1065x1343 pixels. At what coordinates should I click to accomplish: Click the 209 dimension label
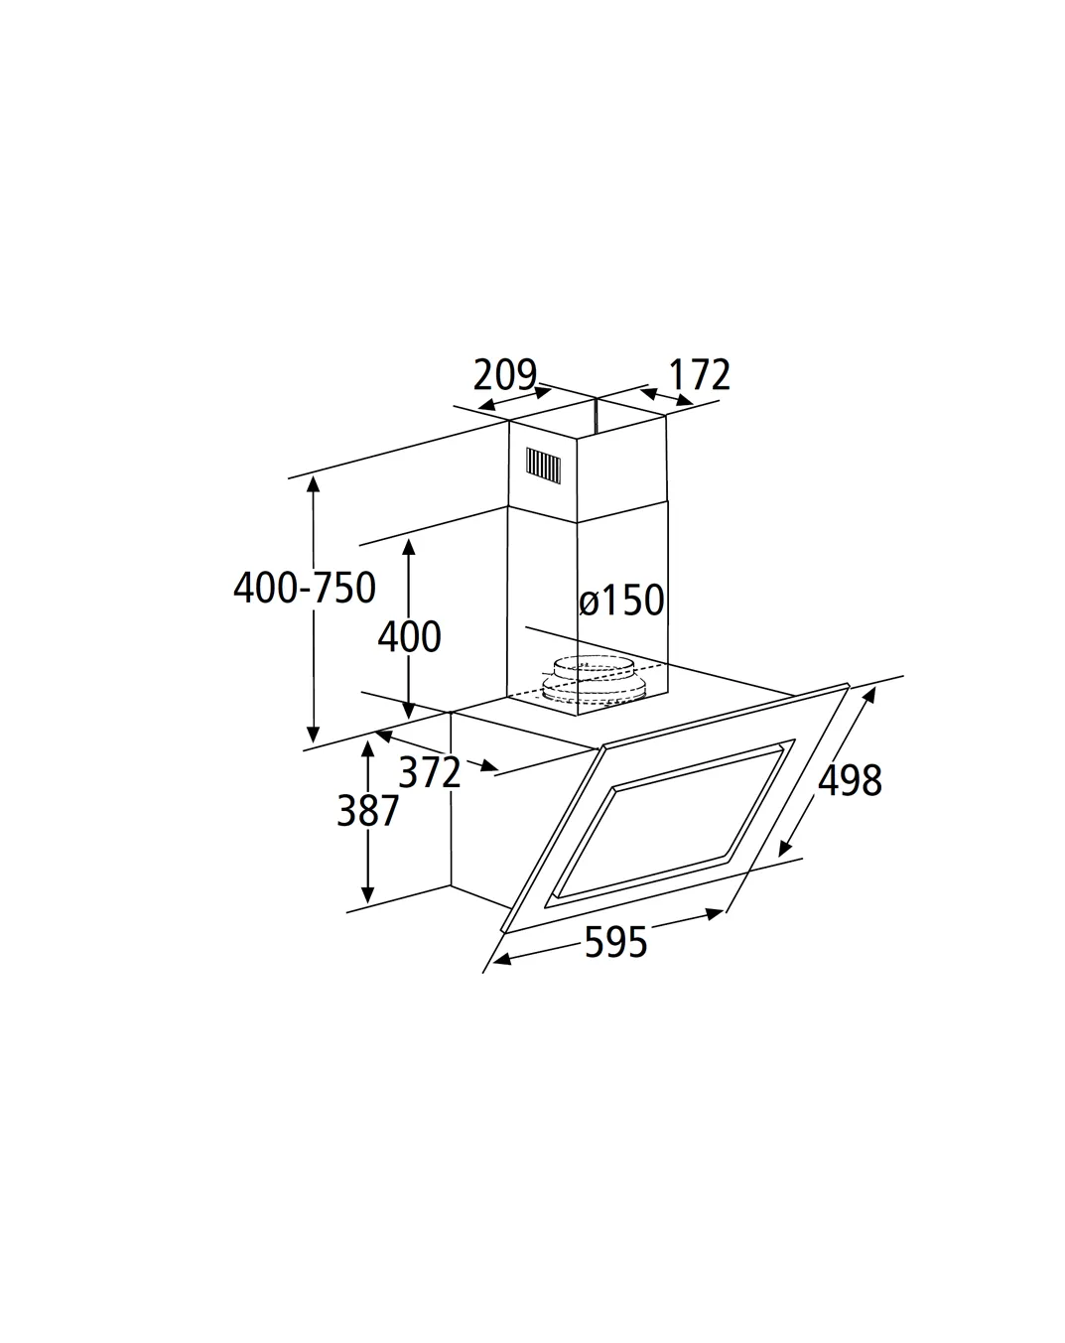click(504, 374)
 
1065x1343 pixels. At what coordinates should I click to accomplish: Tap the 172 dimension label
click(699, 375)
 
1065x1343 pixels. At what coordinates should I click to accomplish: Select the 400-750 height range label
click(305, 588)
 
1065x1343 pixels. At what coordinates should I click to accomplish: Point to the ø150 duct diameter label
click(621, 601)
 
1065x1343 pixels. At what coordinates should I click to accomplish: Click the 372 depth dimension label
click(430, 772)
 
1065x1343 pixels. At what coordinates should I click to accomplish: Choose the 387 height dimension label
click(367, 811)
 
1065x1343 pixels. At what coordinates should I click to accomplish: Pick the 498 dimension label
click(850, 780)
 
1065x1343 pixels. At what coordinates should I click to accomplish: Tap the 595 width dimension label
click(615, 942)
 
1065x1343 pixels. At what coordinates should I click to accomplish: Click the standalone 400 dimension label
click(410, 637)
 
